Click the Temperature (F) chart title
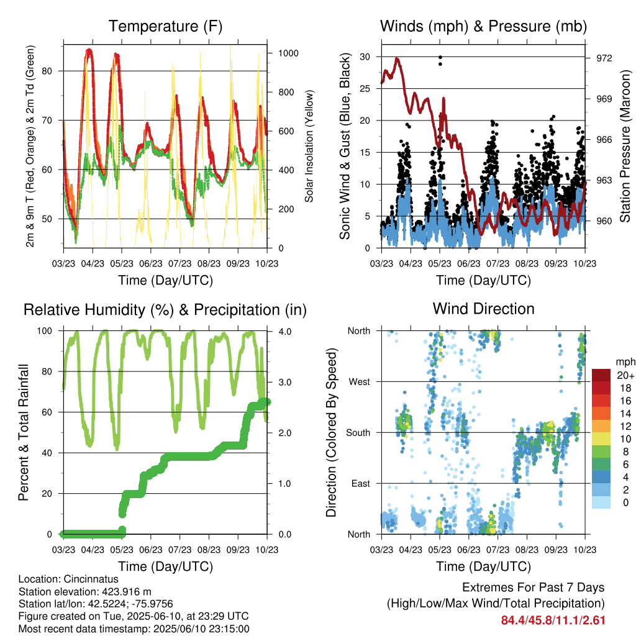pos(165,26)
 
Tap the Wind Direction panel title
pos(483,309)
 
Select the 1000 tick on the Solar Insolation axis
pos(288,53)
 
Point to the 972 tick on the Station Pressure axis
pos(604,58)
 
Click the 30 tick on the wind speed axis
pos(365,57)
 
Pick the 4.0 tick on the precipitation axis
pos(284,332)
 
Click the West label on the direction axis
pos(360,382)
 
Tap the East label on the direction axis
pos(361,483)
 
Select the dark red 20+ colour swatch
pos(601,375)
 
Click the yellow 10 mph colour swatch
pos(601,439)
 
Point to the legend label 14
pos(625,414)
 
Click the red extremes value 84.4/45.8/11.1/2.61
pos(553,620)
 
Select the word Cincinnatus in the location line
pos(91,579)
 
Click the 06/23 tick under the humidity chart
pos(150,550)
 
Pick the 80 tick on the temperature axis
pos(47,71)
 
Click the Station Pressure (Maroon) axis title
pos(625,146)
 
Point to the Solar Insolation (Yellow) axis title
pos(309,146)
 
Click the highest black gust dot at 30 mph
pos(440,57)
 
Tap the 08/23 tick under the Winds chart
pos(527,263)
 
